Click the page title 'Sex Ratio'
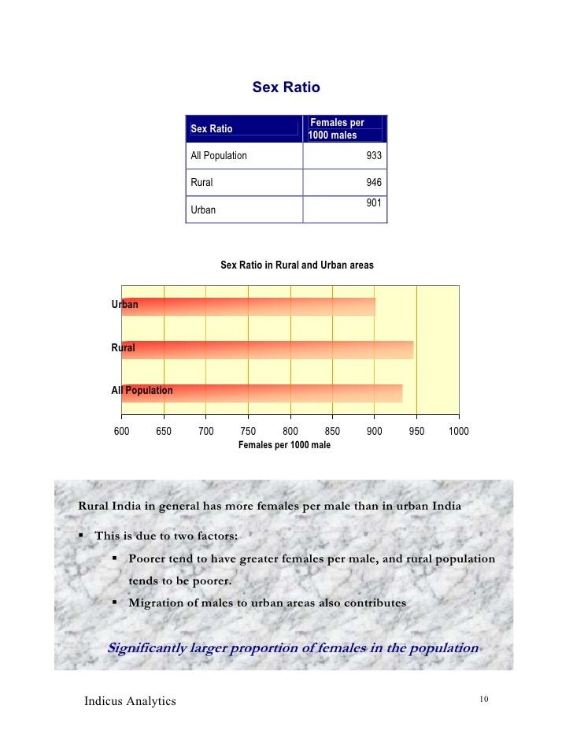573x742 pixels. coord(286,87)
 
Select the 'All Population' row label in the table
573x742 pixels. coord(219,156)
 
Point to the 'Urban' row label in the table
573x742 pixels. coord(203,210)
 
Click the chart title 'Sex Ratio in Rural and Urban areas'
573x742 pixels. coord(297,265)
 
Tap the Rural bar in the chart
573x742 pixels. coord(268,349)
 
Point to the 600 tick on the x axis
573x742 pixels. coord(122,431)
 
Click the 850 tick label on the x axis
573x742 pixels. coord(332,431)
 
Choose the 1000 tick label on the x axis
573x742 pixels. coord(459,431)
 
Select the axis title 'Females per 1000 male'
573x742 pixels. coord(284,445)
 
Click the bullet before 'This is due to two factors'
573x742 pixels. coord(82,536)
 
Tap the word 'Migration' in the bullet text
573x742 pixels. coord(156,603)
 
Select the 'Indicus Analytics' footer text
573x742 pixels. coord(130,701)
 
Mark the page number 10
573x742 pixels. coord(483,699)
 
